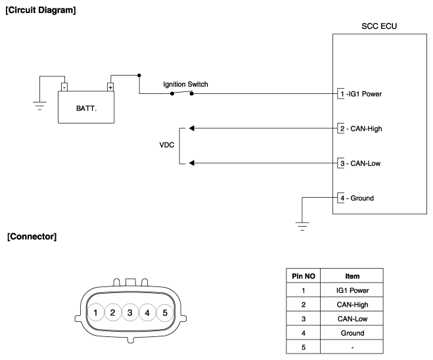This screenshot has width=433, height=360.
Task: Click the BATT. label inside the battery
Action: [87, 108]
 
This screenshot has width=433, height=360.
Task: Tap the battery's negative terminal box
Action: [64, 87]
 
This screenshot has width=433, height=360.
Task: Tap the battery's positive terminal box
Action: [110, 87]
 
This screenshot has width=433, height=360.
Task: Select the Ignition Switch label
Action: [185, 84]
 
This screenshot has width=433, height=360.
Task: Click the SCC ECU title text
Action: [379, 26]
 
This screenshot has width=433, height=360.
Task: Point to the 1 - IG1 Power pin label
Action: [361, 94]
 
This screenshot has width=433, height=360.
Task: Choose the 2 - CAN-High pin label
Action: [361, 129]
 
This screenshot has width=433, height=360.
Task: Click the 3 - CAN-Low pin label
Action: [360, 164]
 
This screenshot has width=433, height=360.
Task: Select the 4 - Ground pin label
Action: [357, 198]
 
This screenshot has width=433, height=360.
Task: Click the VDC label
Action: [167, 145]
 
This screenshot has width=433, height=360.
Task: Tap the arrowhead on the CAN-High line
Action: [192, 128]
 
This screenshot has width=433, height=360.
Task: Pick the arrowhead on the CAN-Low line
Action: [192, 163]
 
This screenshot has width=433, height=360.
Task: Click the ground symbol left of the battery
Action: [40, 106]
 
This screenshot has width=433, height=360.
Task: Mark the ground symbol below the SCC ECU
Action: [302, 226]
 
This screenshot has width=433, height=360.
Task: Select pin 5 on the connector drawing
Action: [165, 313]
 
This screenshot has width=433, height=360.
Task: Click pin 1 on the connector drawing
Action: [95, 313]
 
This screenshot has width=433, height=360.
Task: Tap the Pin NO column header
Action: [304, 276]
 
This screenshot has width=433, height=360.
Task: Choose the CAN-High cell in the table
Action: [352, 305]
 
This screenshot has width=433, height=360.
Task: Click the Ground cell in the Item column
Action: [352, 333]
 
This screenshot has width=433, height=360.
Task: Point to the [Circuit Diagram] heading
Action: [41, 11]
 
